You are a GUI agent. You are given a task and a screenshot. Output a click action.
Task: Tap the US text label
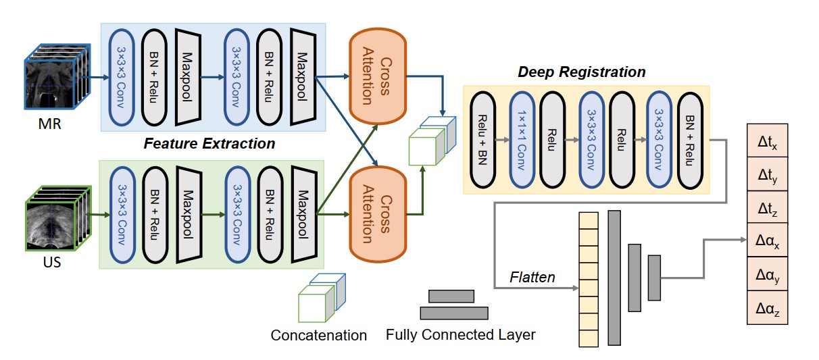[x=51, y=261]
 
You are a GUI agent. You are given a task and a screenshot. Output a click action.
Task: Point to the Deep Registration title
[x=581, y=72]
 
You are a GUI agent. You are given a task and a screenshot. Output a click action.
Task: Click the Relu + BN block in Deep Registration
[x=484, y=140]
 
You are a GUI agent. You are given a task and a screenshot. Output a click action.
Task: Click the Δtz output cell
[x=767, y=208]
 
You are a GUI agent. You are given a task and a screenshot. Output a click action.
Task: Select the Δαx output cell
[x=767, y=241]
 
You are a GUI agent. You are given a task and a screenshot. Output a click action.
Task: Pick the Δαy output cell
[x=767, y=274]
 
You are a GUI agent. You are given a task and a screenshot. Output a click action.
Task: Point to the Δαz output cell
[x=767, y=307]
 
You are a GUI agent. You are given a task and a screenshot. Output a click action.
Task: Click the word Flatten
[x=532, y=277]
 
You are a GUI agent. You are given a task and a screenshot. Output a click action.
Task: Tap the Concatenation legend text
[x=318, y=335]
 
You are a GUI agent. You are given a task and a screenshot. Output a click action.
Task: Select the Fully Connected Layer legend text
[x=460, y=334]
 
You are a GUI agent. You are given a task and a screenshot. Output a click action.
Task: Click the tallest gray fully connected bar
[x=614, y=277]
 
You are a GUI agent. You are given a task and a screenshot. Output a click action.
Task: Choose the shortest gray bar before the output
[x=653, y=277]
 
